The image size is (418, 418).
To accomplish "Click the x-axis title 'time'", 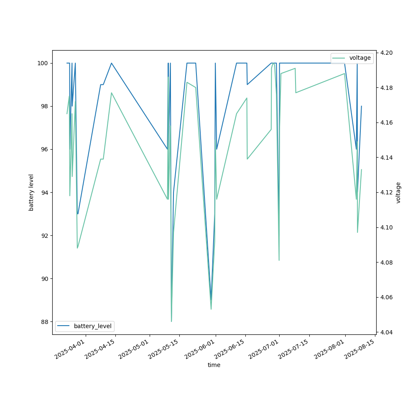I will pos(214,365).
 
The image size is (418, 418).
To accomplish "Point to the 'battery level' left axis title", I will pos(31,192).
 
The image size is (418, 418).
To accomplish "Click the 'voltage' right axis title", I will pos(398,192).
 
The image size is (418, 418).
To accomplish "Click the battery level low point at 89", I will pos(211,300).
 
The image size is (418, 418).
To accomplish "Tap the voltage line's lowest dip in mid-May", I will pos(171,321).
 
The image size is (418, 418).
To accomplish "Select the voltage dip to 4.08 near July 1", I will pos(279,260).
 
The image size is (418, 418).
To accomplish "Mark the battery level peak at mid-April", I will pos(111,63).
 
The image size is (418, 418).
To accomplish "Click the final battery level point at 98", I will pos(362,106).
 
